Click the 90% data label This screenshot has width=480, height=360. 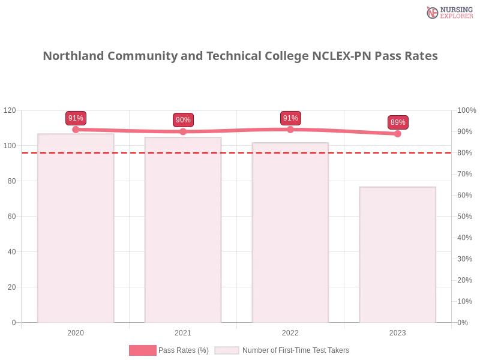pyautogui.click(x=183, y=120)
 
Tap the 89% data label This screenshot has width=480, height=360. pyautogui.click(x=398, y=122)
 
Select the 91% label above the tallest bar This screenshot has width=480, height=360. pyautogui.click(x=76, y=118)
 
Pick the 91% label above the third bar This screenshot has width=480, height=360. pyautogui.click(x=290, y=118)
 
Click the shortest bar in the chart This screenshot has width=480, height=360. pyautogui.click(x=396, y=254)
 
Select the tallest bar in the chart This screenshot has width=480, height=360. pyautogui.click(x=74, y=228)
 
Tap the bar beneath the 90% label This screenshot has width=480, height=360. pyautogui.click(x=183, y=230)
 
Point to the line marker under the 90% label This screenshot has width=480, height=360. pyautogui.click(x=183, y=132)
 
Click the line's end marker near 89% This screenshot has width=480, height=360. pyautogui.click(x=399, y=134)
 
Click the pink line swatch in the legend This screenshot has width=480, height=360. pyautogui.click(x=142, y=350)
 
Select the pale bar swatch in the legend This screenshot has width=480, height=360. pyautogui.click(x=227, y=350)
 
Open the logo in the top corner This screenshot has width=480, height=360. pyautogui.click(x=448, y=12)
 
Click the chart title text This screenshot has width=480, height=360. pyautogui.click(x=242, y=56)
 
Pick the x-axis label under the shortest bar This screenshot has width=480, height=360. pyautogui.click(x=397, y=332)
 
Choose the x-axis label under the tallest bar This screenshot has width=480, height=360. pyautogui.click(x=76, y=332)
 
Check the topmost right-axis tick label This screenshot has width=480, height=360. pyautogui.click(x=466, y=110)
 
